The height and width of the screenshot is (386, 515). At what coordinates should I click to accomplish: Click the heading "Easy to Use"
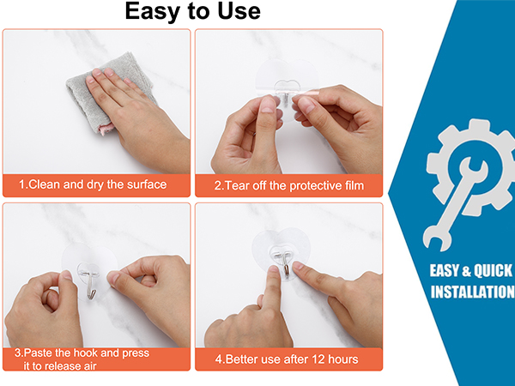coord(193,11)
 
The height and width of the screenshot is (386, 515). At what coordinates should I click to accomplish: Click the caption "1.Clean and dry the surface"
coord(93,184)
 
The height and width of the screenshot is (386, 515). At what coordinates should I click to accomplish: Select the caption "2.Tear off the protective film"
coord(289,186)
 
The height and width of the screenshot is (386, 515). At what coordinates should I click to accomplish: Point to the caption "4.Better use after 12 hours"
coord(287,359)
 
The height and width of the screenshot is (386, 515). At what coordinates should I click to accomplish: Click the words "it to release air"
coord(60,366)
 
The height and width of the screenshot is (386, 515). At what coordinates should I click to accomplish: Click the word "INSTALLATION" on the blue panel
coord(472,293)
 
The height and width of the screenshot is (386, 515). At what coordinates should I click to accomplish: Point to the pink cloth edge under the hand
coord(106,129)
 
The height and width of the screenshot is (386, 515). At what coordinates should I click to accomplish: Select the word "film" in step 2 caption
coord(354,186)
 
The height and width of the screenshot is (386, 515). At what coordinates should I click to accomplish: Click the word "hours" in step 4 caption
coord(343,359)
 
